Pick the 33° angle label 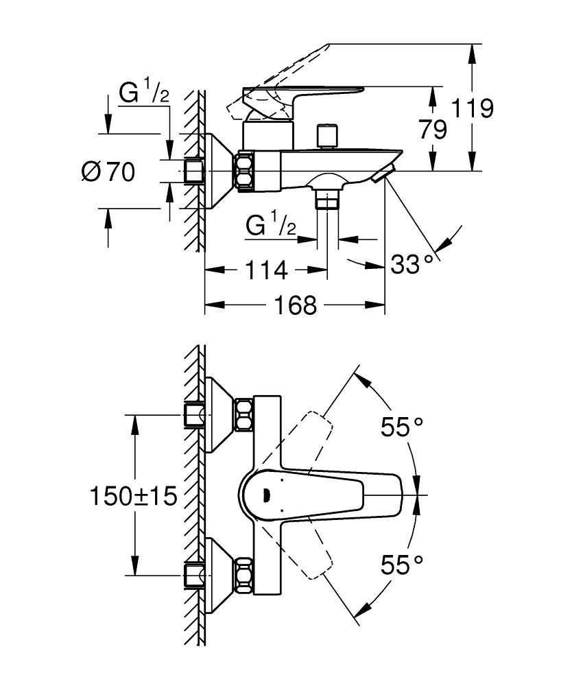point(413,263)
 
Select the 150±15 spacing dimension point(133,495)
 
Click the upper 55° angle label point(402,428)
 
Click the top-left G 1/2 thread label point(143,93)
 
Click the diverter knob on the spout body point(329,135)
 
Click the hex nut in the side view point(245,171)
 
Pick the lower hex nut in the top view point(243,574)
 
